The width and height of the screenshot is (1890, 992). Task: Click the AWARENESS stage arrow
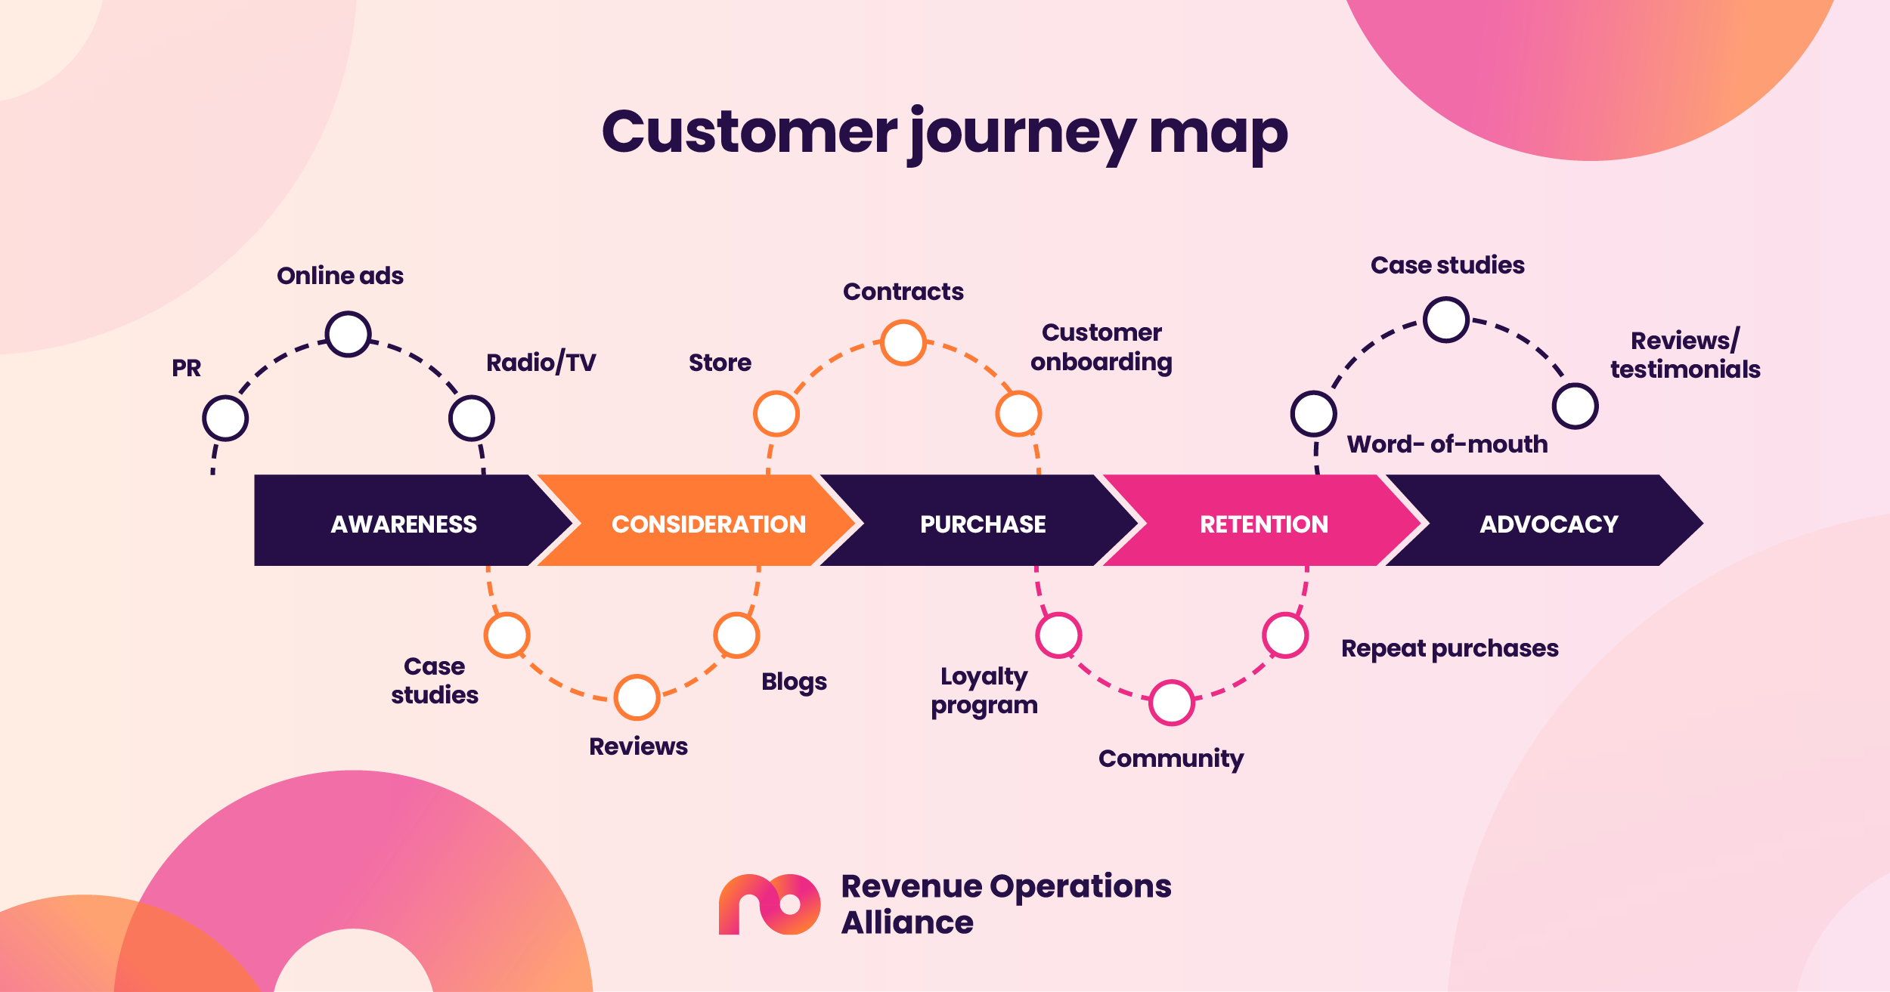point(404,521)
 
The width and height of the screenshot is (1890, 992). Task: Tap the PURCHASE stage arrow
point(982,521)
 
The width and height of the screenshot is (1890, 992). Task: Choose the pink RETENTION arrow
point(1263,521)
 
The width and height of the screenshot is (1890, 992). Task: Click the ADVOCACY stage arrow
point(1548,521)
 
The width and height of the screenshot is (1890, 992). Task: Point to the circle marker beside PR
point(225,418)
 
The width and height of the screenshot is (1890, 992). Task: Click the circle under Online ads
point(348,334)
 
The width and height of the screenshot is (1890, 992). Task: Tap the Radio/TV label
point(541,363)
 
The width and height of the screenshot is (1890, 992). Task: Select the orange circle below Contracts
point(903,342)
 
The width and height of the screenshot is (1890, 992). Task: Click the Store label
point(720,363)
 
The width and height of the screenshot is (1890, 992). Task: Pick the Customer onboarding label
point(1101,347)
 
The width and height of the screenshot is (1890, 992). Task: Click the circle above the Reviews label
point(637,697)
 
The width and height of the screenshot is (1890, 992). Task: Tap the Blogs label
point(794,681)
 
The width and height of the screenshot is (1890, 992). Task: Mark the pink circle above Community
point(1172,703)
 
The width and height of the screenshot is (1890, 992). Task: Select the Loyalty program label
point(984,690)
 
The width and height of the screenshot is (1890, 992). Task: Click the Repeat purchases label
point(1449,648)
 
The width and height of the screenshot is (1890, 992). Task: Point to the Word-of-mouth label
point(1447,444)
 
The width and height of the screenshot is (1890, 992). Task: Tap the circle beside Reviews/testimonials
point(1576,406)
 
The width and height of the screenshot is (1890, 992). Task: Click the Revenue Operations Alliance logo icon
point(769,904)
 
